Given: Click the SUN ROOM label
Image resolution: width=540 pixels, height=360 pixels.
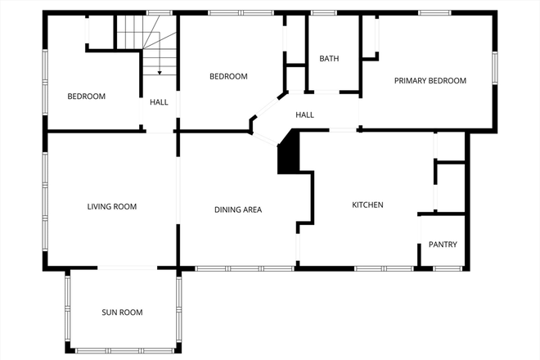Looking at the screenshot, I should (122, 313).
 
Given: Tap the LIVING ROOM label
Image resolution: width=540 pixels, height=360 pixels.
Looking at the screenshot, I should (111, 207).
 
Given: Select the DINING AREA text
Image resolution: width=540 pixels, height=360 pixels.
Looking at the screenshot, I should (238, 210).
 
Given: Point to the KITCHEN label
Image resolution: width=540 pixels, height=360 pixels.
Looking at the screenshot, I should (367, 205).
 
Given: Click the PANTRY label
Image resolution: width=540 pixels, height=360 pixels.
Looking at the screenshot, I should (443, 245).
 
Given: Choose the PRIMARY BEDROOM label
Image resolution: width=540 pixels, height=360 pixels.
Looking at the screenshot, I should (430, 81).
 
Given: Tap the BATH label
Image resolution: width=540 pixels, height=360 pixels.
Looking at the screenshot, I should (329, 59).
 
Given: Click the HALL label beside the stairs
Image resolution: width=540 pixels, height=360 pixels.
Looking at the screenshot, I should (159, 102).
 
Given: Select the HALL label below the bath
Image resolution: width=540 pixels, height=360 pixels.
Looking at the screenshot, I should (305, 115).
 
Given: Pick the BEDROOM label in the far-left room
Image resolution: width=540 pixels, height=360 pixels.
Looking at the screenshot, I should (86, 97).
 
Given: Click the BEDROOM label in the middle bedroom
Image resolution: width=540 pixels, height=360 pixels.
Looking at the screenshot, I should (228, 77).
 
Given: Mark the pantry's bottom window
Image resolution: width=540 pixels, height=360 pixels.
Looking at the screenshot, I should (448, 268).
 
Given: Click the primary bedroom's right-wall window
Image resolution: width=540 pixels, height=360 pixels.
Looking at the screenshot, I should (494, 69).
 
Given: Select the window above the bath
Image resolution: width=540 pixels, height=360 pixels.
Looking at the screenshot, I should (324, 13).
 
